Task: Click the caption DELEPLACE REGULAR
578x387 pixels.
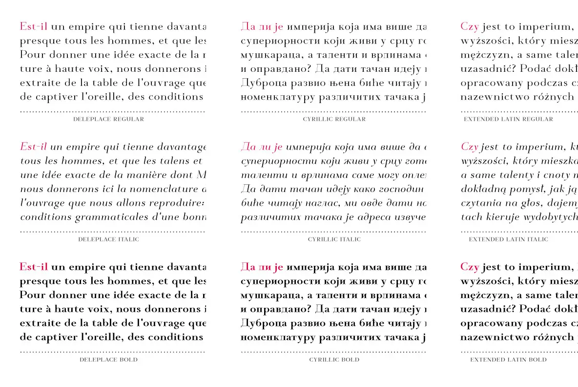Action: [x=108, y=119]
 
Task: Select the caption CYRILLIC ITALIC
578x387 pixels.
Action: [x=334, y=239]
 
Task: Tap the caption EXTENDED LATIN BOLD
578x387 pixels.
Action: [x=508, y=360]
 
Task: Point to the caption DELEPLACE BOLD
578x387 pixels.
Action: [x=108, y=360]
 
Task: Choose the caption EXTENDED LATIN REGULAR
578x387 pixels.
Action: [x=508, y=119]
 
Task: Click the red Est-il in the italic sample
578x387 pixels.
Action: [x=34, y=147]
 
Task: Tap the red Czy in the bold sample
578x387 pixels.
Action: [x=470, y=267]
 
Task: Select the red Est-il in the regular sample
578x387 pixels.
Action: [x=34, y=26]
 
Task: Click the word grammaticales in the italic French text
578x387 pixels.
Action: [x=102, y=217]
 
